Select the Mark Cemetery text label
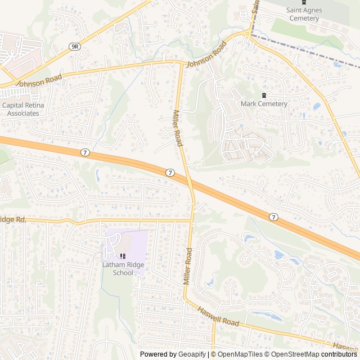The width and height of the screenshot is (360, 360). (264, 103)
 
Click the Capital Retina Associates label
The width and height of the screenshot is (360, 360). (23, 109)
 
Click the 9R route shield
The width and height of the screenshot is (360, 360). (75, 47)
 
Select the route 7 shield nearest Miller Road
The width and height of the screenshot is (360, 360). (170, 173)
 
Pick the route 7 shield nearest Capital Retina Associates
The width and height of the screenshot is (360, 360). (84, 152)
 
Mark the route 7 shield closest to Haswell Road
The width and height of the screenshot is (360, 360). (273, 217)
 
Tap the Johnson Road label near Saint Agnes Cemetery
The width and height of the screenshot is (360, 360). (206, 55)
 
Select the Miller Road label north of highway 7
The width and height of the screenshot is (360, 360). (178, 128)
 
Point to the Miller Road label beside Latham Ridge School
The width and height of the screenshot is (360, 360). (188, 266)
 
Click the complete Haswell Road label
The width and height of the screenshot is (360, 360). (218, 316)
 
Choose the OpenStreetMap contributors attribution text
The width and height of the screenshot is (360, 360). (311, 354)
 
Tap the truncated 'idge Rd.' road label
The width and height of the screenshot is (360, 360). (12, 220)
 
